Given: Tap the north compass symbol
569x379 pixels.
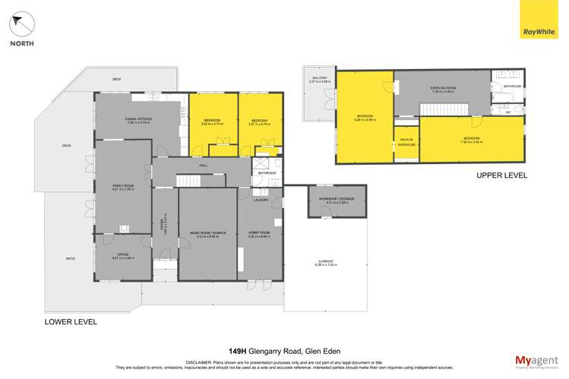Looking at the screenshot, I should click(x=22, y=26).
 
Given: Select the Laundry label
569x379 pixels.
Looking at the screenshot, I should click(x=261, y=200).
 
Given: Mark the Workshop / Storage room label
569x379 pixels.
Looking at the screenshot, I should click(x=337, y=201).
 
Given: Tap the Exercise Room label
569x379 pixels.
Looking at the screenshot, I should click(x=442, y=90).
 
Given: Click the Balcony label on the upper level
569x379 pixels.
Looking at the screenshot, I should click(x=319, y=79).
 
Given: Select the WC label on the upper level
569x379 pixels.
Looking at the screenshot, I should click(x=507, y=112).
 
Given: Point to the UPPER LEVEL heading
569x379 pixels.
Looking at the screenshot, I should click(x=501, y=175).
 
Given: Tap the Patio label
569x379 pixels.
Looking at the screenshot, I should click(x=70, y=259).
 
